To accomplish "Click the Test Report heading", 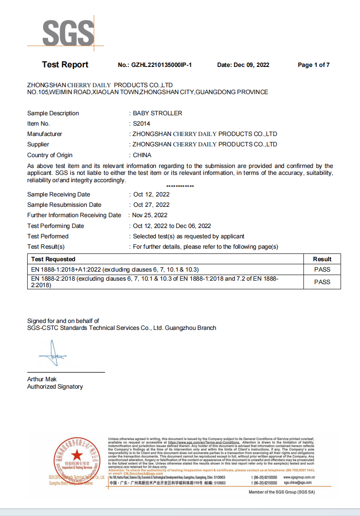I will point(65,65).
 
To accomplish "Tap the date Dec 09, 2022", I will point(251,65).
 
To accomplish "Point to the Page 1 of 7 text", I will point(314,65).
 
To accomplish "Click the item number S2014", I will point(142,124).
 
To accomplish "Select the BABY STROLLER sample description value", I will point(158,113).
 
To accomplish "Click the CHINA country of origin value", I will point(142,155).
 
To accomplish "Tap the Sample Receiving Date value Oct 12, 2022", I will point(152,194).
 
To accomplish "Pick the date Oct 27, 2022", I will point(152,205).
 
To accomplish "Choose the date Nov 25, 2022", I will point(150,215).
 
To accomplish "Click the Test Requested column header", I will point(53,259).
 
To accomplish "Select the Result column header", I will point(322,259).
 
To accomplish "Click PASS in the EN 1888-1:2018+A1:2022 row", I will point(322,269).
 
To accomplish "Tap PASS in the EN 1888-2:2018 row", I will point(322,282).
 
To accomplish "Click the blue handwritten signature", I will point(53,355).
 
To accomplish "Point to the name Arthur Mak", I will point(42,380).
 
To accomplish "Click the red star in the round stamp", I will point(76,455).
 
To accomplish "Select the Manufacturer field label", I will point(44,134).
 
